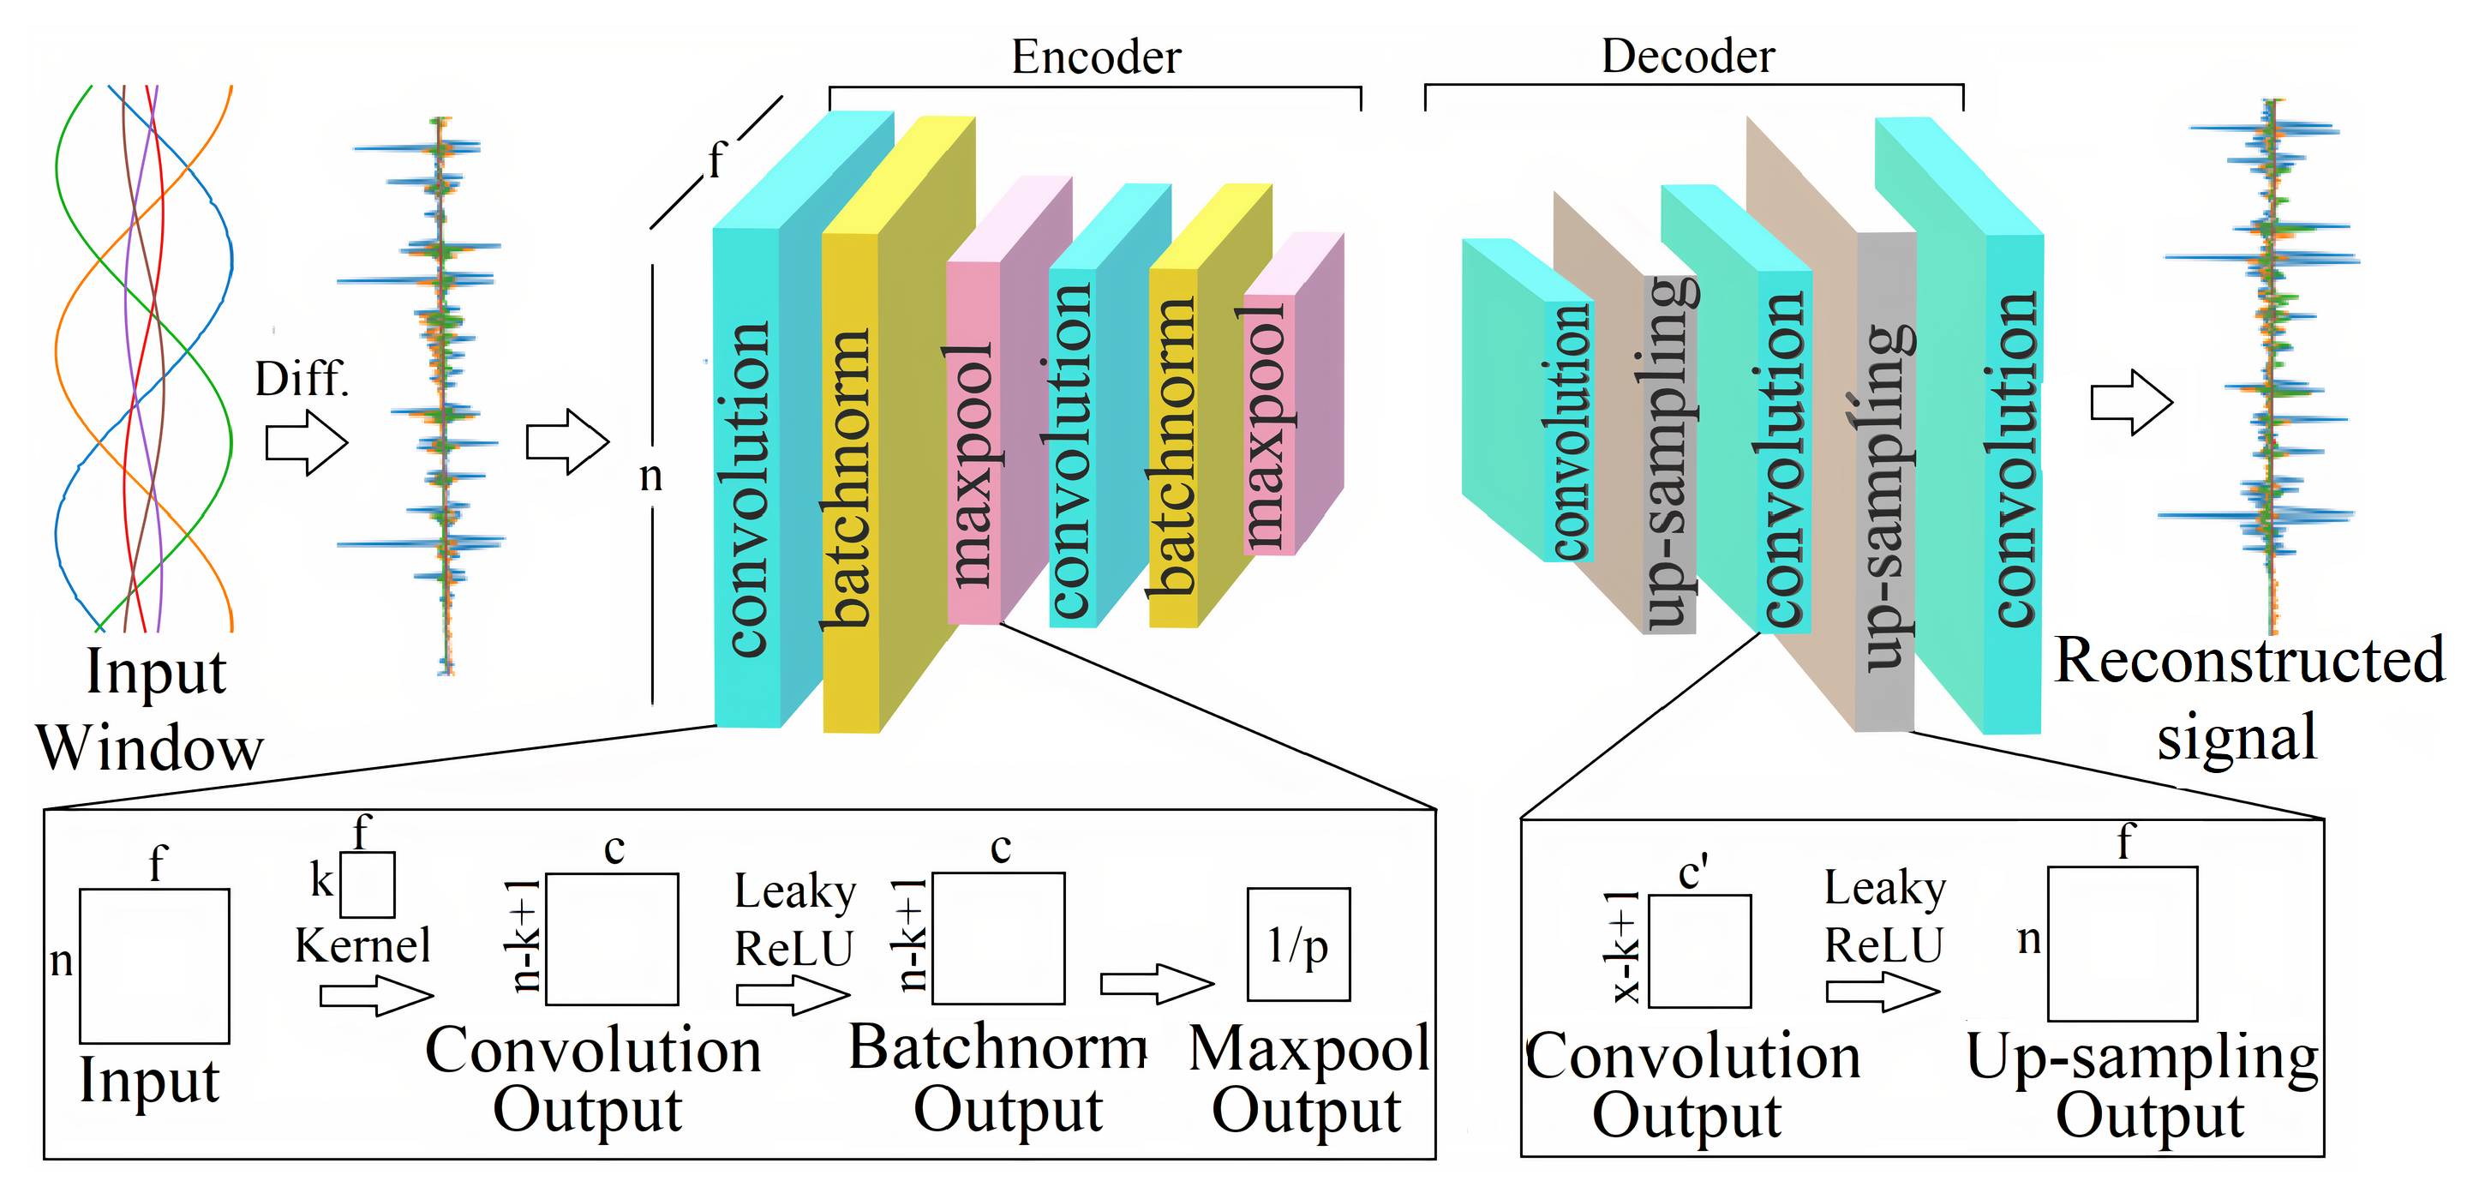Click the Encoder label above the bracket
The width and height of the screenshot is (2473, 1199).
pyautogui.click(x=1095, y=57)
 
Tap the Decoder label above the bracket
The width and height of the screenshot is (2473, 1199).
pyautogui.click(x=1688, y=57)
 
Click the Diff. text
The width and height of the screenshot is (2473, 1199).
pyautogui.click(x=302, y=379)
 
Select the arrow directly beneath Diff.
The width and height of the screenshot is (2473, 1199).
pyautogui.click(x=306, y=442)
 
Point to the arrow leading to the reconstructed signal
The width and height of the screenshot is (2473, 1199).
pyautogui.click(x=2131, y=402)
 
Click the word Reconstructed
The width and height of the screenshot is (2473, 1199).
pyautogui.click(x=2249, y=661)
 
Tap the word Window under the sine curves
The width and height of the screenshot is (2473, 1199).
pyautogui.click(x=150, y=748)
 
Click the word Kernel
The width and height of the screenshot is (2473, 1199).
pyautogui.click(x=362, y=945)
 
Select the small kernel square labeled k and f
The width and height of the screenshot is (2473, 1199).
pyautogui.click(x=368, y=885)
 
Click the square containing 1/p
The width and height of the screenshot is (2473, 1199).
pyautogui.click(x=1298, y=944)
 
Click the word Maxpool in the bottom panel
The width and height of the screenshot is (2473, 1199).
pyautogui.click(x=1309, y=1048)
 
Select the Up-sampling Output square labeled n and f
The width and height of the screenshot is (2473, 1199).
pyautogui.click(x=2123, y=944)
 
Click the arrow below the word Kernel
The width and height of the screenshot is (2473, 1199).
pyautogui.click(x=376, y=996)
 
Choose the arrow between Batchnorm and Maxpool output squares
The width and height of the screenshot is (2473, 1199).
pyautogui.click(x=1157, y=984)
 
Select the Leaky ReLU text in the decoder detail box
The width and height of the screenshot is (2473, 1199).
pyautogui.click(x=1883, y=917)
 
